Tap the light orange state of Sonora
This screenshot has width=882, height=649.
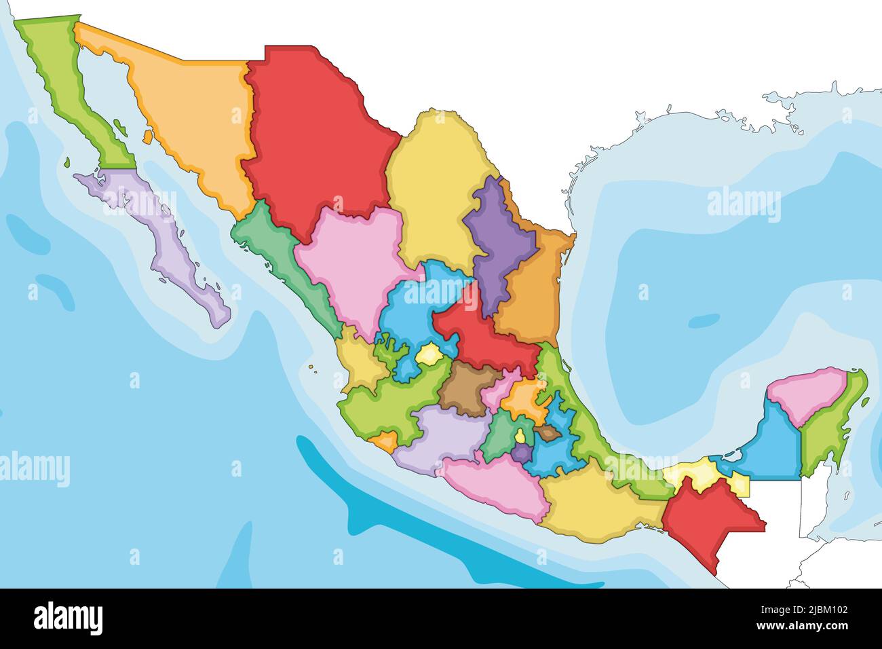click(x=190, y=115)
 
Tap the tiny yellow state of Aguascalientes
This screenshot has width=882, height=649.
click(x=429, y=354)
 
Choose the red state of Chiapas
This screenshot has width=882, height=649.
click(x=706, y=523)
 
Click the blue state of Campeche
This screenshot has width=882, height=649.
click(x=773, y=448)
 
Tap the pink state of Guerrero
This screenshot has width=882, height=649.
click(x=495, y=485)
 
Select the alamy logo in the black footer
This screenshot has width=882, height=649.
click(x=69, y=618)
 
